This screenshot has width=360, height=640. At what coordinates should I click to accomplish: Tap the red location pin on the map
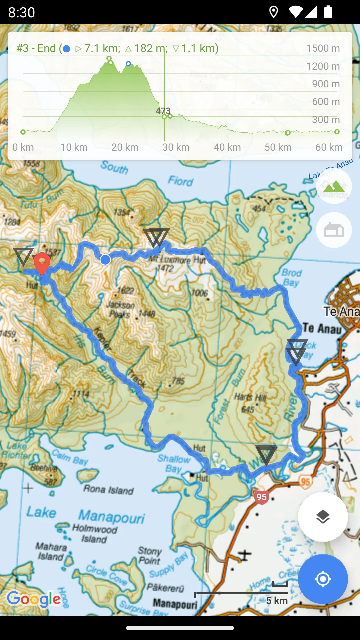coord(42,262)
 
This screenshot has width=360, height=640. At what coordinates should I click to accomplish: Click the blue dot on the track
coord(105,259)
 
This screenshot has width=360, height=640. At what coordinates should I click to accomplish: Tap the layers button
coord(323,517)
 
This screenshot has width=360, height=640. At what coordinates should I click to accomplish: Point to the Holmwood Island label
coord(95,533)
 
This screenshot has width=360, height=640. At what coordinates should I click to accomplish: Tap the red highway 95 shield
coord(262,497)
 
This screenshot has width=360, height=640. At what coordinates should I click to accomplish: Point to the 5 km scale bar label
coord(277,601)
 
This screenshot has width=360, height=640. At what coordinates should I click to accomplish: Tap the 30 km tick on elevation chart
coord(176,147)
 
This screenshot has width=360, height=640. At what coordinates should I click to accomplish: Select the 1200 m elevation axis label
coord(323,66)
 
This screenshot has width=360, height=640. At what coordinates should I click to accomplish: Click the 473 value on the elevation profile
coord(163,111)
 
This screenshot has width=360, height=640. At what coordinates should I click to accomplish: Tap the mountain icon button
coord(334,186)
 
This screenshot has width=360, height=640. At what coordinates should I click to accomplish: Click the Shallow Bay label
coord(174,463)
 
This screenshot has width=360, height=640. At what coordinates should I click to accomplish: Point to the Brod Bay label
coord(292,277)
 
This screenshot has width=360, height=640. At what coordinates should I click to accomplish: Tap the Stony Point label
coord(150,555)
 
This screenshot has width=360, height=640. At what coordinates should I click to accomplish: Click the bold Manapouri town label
coord(175,604)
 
